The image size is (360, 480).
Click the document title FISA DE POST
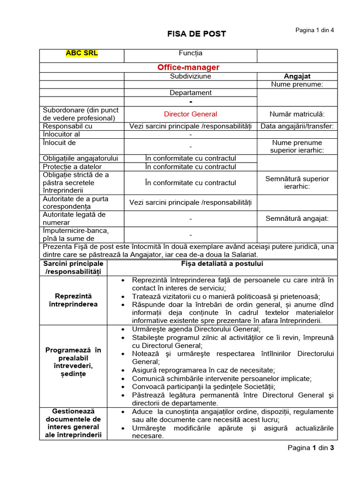197,34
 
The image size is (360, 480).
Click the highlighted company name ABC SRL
82,53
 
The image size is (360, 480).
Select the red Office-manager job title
188,67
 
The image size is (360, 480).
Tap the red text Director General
190,114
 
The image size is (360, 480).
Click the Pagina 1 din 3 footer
310,448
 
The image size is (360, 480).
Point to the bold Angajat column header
297,76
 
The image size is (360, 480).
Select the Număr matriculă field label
297,114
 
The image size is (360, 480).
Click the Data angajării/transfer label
297,126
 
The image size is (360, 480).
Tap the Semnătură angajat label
297,218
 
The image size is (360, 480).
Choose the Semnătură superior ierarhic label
297,182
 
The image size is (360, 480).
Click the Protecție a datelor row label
72,166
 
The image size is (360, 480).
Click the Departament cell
190,93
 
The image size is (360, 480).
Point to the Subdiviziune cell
190,76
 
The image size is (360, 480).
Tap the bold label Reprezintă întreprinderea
74,300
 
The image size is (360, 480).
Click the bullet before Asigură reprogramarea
123,370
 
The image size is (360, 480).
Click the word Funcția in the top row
190,53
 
